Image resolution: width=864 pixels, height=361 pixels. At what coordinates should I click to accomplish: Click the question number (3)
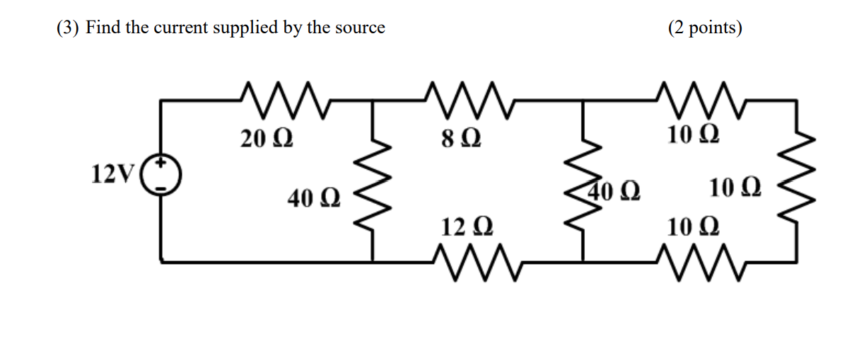[68, 28]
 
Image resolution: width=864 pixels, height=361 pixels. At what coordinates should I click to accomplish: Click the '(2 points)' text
[704, 28]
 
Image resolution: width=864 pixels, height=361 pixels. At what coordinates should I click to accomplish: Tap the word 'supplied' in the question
[264, 28]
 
